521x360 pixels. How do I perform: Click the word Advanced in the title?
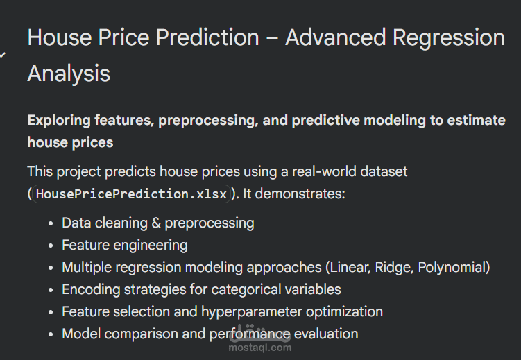pos(336,37)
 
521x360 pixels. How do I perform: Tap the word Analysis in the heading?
pos(69,73)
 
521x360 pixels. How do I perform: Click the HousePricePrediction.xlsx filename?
pos(131,194)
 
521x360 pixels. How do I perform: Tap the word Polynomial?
pos(453,267)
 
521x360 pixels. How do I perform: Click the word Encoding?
pos(88,289)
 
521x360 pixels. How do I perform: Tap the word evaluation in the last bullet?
pos(326,334)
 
